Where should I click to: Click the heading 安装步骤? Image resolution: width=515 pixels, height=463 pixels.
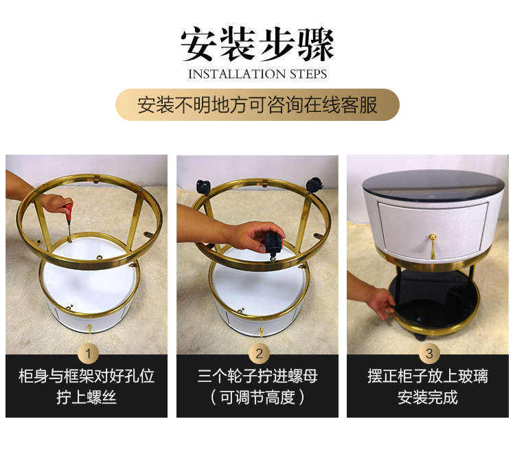[257, 45]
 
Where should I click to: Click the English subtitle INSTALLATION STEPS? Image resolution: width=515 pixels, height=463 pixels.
[257, 74]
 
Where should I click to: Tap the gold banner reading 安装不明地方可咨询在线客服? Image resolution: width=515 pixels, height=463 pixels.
[257, 105]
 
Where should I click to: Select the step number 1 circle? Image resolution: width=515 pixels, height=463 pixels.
[88, 354]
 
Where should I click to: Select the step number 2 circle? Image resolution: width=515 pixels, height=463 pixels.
[259, 354]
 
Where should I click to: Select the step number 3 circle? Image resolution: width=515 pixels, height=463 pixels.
[429, 354]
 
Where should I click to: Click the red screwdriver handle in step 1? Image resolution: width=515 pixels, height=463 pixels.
[68, 212]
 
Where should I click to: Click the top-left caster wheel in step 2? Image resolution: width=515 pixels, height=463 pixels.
[203, 188]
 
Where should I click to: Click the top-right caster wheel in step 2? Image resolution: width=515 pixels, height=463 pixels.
[314, 184]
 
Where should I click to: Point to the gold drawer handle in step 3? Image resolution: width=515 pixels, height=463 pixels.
[433, 245]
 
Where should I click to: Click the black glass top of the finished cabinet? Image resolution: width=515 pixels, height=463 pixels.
[433, 185]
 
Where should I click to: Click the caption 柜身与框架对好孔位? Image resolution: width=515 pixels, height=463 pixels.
[87, 376]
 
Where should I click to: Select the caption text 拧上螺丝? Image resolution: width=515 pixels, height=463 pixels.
[87, 397]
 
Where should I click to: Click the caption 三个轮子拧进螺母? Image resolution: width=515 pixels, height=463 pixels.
[257, 376]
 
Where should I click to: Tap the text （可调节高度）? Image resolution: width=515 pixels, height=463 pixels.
[257, 397]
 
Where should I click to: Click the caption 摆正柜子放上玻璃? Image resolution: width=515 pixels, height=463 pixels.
[428, 376]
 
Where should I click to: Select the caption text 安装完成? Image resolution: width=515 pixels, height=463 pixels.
[428, 397]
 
